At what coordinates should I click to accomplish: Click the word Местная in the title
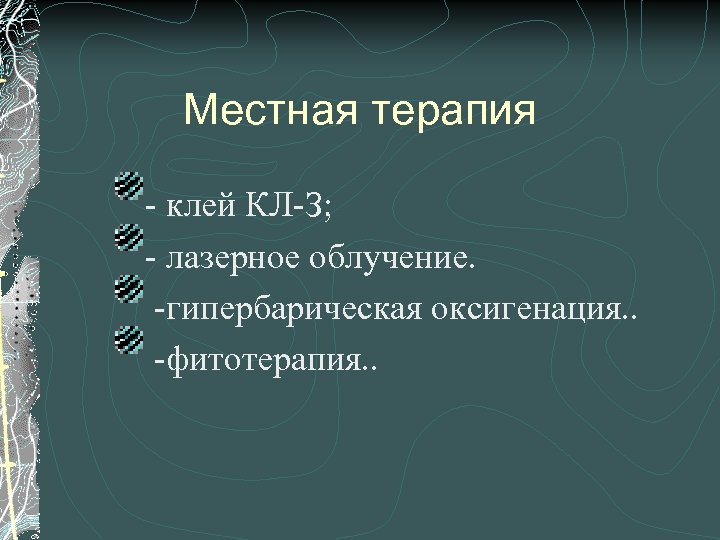click(x=273, y=111)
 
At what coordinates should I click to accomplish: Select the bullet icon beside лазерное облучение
click(x=129, y=238)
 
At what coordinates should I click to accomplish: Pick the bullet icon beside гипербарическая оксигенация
click(x=129, y=290)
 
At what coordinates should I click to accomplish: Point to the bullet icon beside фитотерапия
click(x=129, y=342)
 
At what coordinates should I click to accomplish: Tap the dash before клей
click(x=152, y=211)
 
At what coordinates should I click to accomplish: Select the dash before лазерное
click(x=152, y=263)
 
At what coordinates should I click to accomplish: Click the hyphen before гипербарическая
click(x=159, y=315)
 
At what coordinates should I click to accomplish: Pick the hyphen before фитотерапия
click(x=159, y=367)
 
